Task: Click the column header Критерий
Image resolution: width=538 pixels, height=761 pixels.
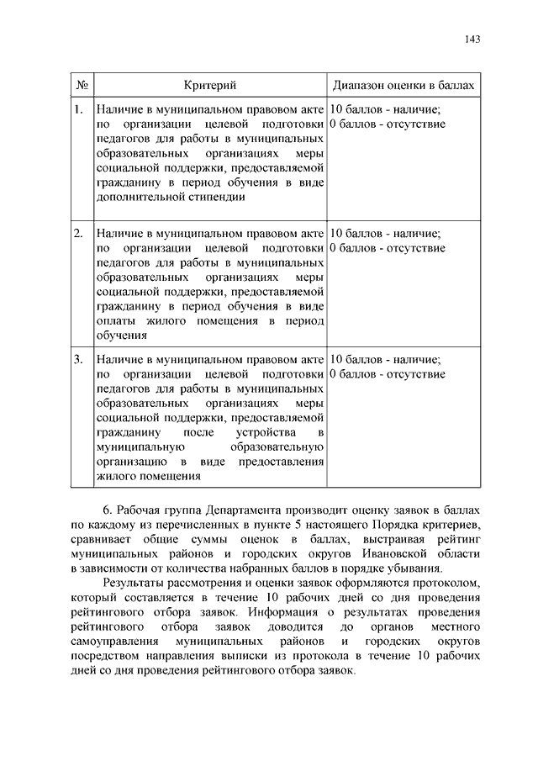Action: point(209,86)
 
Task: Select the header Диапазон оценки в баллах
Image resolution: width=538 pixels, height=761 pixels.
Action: point(403,86)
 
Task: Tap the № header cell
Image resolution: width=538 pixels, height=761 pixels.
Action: point(82,86)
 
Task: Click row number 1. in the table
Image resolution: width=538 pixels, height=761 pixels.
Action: point(77,109)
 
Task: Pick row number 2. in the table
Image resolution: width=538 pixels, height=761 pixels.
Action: point(77,233)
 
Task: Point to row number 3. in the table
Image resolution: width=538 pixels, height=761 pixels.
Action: point(77,359)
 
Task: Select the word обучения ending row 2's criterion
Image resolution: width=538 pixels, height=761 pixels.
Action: point(123,336)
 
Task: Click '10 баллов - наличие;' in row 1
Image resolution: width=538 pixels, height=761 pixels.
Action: point(385,109)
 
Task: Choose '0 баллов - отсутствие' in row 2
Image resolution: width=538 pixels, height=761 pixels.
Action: point(388,248)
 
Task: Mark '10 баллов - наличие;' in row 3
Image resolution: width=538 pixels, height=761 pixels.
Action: point(385,359)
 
